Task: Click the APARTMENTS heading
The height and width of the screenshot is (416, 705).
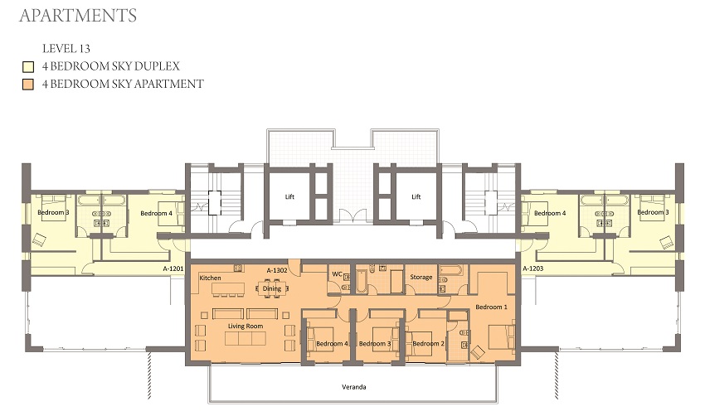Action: tap(77, 16)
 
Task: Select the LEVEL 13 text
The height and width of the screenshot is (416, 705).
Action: tap(66, 48)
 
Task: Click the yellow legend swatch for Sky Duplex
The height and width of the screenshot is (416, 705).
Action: tap(27, 66)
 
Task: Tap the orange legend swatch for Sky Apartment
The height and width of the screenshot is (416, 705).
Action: tap(27, 84)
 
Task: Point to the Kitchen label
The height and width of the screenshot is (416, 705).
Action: tap(210, 278)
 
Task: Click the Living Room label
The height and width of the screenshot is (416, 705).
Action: tap(246, 327)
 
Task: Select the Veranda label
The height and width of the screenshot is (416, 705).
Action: tap(354, 387)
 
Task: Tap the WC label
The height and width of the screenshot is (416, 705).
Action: tap(337, 273)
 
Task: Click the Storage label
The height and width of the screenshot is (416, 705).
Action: tap(421, 277)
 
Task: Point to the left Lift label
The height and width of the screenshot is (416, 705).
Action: tap(289, 198)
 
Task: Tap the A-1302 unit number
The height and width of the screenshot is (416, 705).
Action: tap(278, 270)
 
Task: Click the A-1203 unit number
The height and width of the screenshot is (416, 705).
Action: tap(532, 268)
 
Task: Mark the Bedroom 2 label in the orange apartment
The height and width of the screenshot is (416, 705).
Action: tap(429, 343)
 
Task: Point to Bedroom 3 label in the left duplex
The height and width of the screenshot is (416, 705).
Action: tap(53, 213)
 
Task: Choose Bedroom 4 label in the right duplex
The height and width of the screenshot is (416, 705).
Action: tap(549, 214)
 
